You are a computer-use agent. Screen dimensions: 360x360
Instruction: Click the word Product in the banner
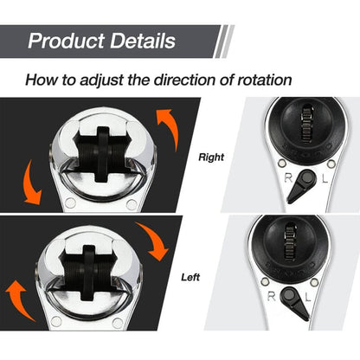68,41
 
